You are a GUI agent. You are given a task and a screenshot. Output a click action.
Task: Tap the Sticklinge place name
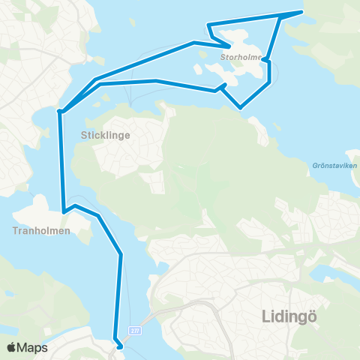[x=106, y=136]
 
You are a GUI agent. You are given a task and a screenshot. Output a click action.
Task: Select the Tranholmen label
[x=41, y=231]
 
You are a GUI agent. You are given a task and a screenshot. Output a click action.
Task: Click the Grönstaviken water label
[x=334, y=166]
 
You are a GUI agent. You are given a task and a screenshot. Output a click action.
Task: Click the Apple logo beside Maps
[x=12, y=347]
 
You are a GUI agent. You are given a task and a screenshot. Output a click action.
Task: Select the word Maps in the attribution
[x=32, y=347]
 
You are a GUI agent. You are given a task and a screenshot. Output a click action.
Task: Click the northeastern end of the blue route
[x=301, y=12]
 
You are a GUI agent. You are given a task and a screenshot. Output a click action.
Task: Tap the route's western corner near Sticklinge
[x=60, y=112]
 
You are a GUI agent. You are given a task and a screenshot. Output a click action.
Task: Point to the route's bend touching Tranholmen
[x=65, y=211]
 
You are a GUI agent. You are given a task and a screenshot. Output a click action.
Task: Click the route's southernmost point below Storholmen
[x=241, y=108]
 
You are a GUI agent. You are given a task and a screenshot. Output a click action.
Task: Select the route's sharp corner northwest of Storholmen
[x=208, y=25]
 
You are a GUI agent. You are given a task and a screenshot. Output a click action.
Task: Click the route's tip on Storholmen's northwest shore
[x=229, y=34]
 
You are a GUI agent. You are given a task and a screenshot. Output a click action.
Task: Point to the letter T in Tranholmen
[x=16, y=231]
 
